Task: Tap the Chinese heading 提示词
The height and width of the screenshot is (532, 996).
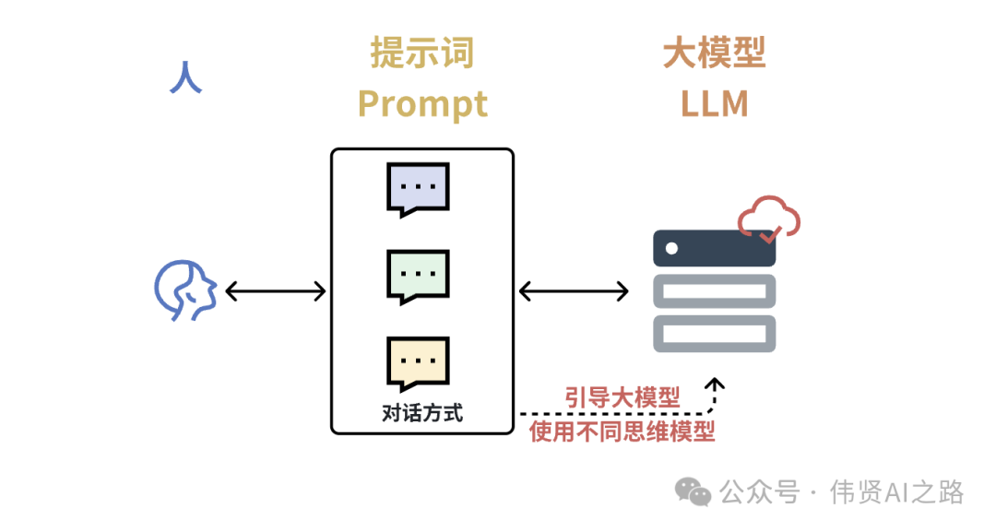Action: point(421,53)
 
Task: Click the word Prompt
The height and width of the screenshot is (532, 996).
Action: point(422,103)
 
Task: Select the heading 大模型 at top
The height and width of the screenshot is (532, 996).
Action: point(714,53)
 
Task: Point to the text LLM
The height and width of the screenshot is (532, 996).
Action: point(714,103)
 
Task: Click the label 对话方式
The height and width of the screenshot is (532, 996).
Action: point(421,412)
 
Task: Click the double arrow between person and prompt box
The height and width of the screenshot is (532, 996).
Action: point(275,291)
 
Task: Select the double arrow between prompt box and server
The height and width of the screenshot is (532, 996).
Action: point(573,291)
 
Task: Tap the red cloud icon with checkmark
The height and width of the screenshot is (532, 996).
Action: point(768,219)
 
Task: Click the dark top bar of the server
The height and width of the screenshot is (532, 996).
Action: point(714,248)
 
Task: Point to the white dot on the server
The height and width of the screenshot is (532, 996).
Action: point(671,248)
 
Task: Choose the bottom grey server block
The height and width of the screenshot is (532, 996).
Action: point(714,332)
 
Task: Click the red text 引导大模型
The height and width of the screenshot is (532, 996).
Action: point(622,397)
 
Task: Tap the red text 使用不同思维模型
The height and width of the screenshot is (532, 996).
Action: point(622,431)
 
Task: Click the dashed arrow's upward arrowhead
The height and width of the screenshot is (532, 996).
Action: point(714,383)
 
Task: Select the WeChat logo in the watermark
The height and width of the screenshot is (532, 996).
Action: point(693,491)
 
